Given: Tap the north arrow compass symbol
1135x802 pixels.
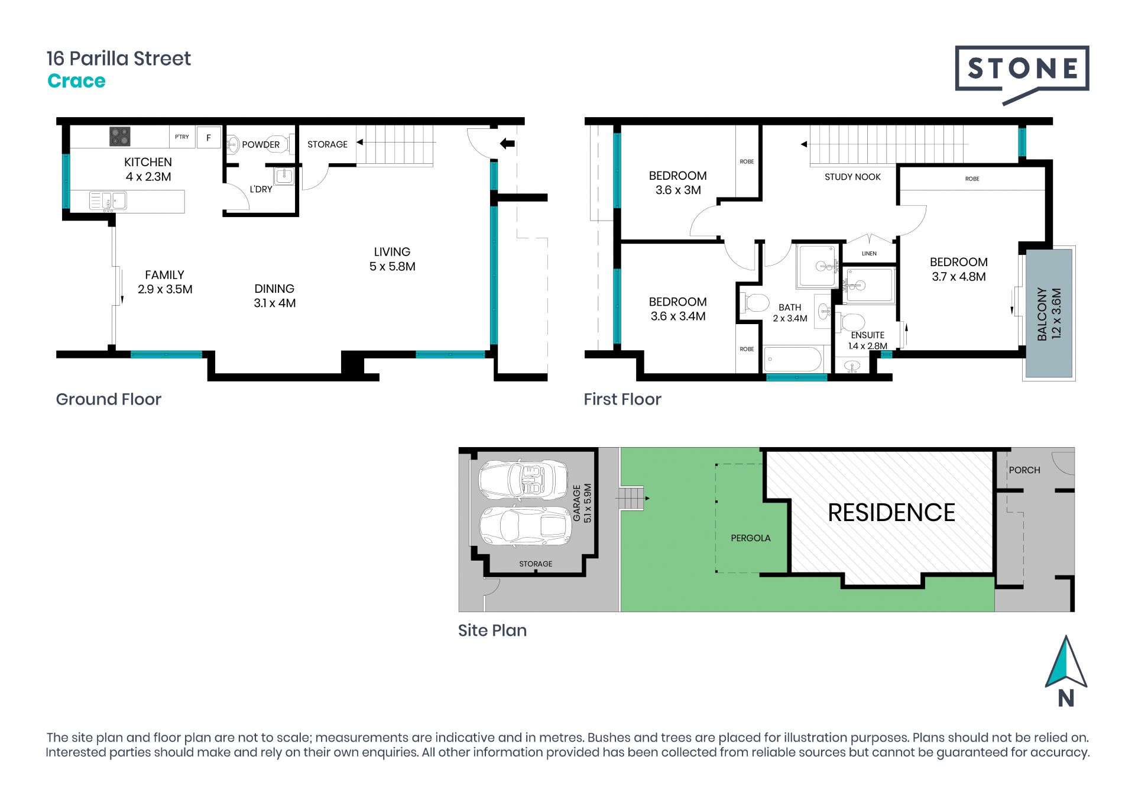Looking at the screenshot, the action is click(x=1066, y=671).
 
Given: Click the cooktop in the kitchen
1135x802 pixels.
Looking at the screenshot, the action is click(x=119, y=137).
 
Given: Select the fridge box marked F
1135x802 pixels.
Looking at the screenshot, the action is click(x=208, y=138).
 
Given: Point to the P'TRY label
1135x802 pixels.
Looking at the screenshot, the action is click(x=182, y=137).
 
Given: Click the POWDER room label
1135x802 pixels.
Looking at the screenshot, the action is click(x=261, y=144).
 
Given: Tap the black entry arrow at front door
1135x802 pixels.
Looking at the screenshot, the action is click(x=507, y=143).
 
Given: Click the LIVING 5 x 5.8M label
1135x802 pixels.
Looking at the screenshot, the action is click(x=392, y=259).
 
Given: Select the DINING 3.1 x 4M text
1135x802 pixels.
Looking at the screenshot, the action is click(x=274, y=296).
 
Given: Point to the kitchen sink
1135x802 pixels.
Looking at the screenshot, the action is click(x=108, y=201).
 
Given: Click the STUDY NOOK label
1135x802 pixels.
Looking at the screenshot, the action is click(x=852, y=177).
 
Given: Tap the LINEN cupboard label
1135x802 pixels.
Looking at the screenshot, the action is click(x=869, y=254).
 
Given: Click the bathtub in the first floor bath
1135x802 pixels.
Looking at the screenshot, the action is click(x=793, y=358).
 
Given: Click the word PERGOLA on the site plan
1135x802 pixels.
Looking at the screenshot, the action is click(x=751, y=538).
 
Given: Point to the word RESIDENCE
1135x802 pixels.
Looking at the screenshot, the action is click(x=891, y=513).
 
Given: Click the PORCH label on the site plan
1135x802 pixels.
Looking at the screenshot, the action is click(x=1024, y=470).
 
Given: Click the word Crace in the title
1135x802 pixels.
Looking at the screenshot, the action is click(x=76, y=81).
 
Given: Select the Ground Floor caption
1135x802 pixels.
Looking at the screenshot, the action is click(x=109, y=399).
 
